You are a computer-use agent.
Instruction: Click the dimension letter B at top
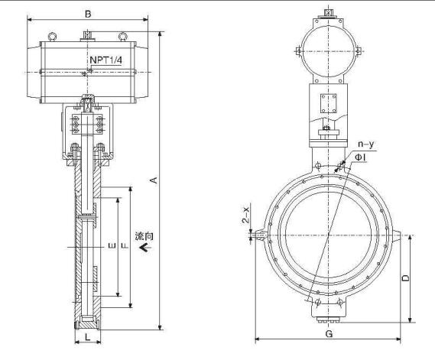click(88, 14)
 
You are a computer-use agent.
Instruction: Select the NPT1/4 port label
click(106, 60)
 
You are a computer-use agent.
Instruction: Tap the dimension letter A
click(154, 180)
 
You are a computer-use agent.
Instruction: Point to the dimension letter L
click(88, 337)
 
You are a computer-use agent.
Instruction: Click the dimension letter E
click(112, 245)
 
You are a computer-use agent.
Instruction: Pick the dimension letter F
click(125, 245)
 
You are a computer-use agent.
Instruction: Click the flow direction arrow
click(145, 247)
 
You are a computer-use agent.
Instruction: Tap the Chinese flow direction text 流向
click(144, 236)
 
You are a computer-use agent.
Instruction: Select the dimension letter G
click(329, 334)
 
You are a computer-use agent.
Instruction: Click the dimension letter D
click(405, 278)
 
